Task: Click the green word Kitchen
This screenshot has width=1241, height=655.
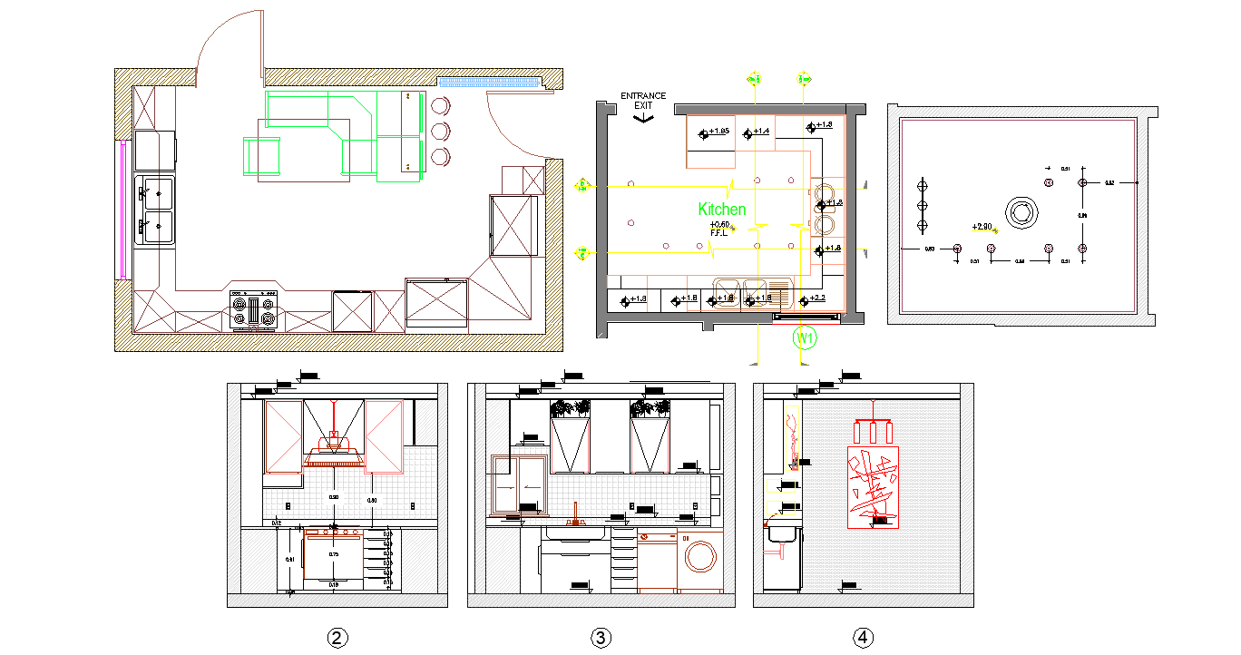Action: click(x=722, y=210)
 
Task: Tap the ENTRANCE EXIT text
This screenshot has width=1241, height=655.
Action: click(x=643, y=101)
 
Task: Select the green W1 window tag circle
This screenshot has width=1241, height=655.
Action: click(x=805, y=337)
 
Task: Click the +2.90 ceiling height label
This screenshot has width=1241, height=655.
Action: click(x=982, y=226)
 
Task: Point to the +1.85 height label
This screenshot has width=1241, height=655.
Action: click(x=718, y=132)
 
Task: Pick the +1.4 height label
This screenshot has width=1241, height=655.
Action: click(x=761, y=132)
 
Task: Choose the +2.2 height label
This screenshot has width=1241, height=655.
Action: click(x=817, y=298)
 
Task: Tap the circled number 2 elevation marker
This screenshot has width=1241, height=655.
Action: click(x=337, y=639)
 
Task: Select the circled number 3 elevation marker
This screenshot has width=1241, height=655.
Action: click(x=601, y=639)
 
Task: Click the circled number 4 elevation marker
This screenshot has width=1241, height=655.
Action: click(x=864, y=639)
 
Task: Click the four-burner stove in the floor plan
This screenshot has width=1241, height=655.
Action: click(x=254, y=311)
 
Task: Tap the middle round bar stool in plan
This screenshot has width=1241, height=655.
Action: click(x=441, y=131)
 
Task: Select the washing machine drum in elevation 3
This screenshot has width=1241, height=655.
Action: click(x=700, y=554)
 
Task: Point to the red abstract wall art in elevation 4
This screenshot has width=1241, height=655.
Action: click(x=872, y=486)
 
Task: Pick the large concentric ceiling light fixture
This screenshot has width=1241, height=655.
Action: click(x=1021, y=212)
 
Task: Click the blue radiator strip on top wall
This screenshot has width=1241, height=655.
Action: click(x=490, y=81)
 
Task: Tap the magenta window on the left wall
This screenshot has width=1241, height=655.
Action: click(x=122, y=209)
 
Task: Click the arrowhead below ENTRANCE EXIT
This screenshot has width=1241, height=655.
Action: click(x=643, y=118)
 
